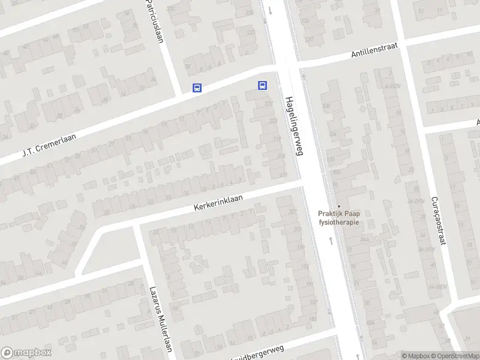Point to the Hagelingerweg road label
click(293, 127)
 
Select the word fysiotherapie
click(338, 223)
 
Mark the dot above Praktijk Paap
click(338, 206)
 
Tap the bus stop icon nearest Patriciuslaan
click(196, 88)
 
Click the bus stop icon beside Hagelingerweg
click(263, 85)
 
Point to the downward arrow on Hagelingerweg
click(271, 10)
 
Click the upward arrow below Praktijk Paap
click(331, 241)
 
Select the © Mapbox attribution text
click(415, 356)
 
